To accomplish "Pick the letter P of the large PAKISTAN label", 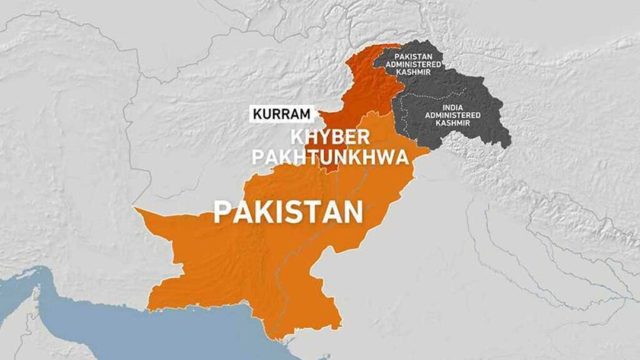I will coord(222,212).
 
